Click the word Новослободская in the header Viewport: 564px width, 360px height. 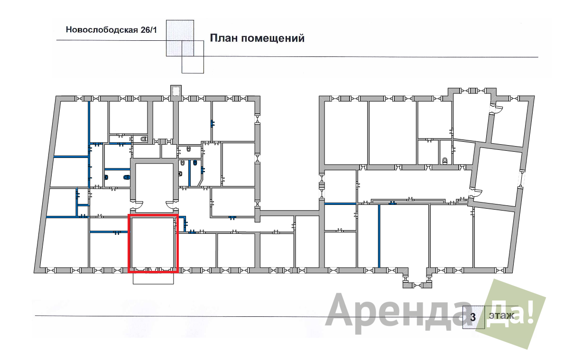click(102, 29)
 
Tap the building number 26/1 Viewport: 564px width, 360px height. click(149, 29)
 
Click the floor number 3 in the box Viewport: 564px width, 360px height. click(473, 317)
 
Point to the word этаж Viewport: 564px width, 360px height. click(501, 315)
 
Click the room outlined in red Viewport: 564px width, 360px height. click(153, 243)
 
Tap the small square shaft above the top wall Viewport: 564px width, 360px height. click(176, 91)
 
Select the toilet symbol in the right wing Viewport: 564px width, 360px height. click(445, 160)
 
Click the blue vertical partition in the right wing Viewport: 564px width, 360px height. click(379, 236)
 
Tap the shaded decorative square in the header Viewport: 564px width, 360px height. click(180, 38)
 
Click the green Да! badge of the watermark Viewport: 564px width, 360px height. click(511, 314)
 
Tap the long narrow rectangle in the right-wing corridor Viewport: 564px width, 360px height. click(408, 202)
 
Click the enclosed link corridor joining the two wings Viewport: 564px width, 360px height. click(289, 213)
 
